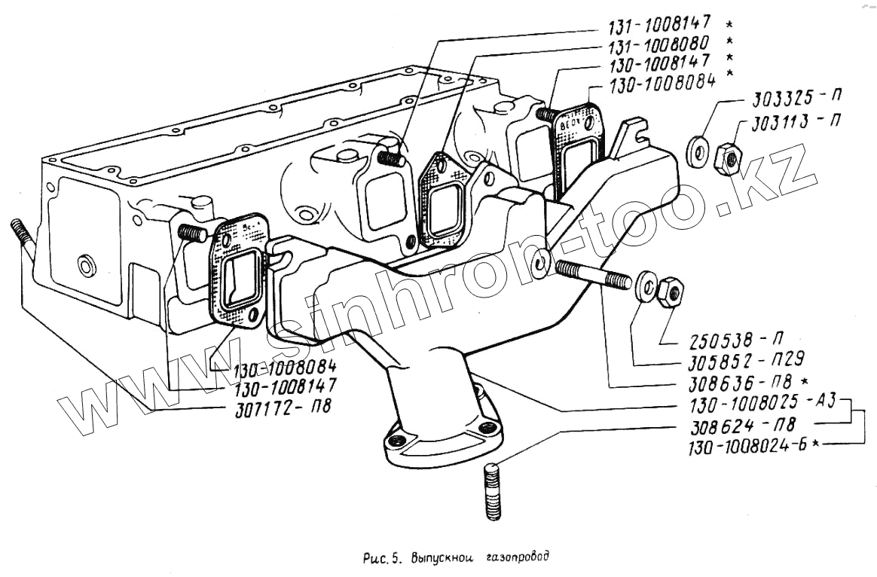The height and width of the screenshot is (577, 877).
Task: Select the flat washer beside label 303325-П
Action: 697,150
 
